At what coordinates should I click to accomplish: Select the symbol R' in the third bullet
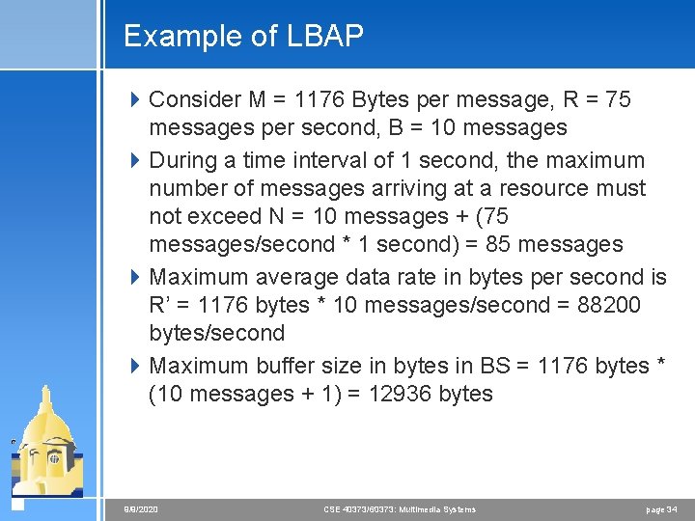point(163,305)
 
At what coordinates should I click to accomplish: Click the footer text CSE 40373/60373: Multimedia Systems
point(399,508)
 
